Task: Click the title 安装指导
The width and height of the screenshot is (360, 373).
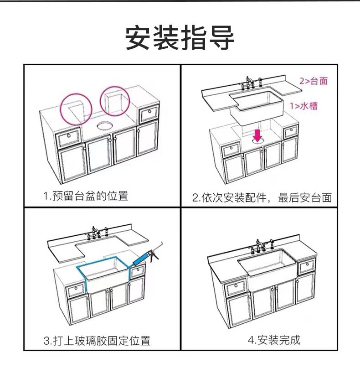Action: click(x=180, y=38)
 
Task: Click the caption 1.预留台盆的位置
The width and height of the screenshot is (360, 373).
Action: click(x=86, y=197)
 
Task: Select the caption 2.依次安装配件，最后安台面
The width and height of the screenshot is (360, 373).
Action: click(x=261, y=198)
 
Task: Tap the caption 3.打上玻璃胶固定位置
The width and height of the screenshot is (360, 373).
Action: click(x=97, y=340)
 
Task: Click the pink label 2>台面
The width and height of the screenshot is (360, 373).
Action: click(x=314, y=81)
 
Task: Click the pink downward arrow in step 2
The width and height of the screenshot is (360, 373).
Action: click(x=257, y=135)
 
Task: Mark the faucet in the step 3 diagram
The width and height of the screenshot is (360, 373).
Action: click(x=98, y=232)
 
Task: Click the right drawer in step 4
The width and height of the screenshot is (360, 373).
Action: click(x=306, y=267)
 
